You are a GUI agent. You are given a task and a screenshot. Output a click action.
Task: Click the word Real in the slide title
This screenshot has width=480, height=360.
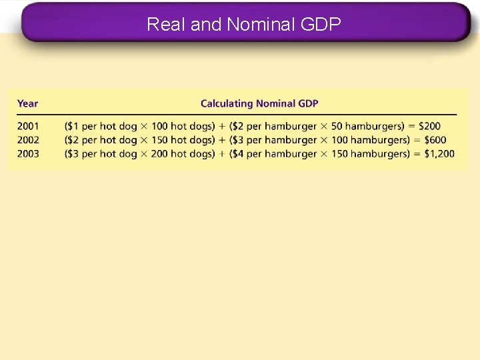coord(166,25)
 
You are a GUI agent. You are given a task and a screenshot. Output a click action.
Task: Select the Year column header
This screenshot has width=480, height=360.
coord(28,103)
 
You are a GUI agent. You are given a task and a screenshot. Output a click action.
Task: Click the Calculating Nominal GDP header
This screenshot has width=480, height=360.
coord(259,103)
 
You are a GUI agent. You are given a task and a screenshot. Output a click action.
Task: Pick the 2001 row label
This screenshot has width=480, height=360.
coord(28,125)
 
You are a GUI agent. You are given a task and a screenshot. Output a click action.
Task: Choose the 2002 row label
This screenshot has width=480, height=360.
coord(28,139)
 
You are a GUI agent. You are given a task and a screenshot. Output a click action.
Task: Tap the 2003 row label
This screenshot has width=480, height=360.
coord(28,153)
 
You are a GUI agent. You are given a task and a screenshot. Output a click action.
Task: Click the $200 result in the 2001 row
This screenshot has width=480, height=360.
coord(429,125)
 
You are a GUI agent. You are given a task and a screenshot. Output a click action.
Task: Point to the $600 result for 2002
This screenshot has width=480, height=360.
coord(433,139)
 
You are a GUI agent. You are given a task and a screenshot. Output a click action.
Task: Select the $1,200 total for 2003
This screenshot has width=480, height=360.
coord(437,153)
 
